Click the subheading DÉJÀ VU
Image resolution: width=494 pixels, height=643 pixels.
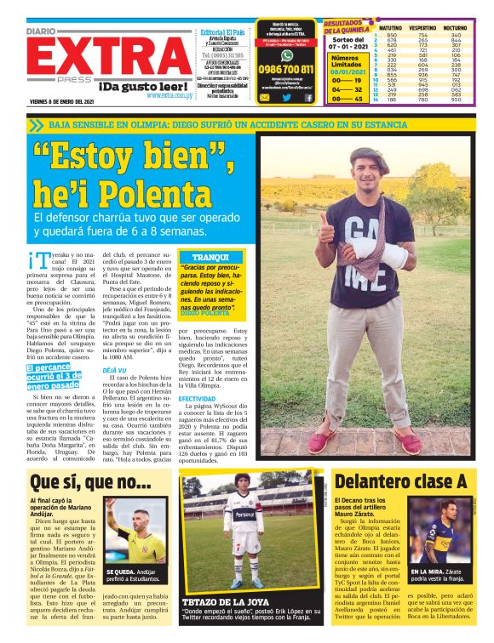pyautogui.click(x=114, y=371)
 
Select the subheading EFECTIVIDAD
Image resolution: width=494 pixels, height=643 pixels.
pyautogui.click(x=197, y=398)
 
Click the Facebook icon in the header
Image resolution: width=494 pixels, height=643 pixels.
pyautogui.click(x=309, y=99)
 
